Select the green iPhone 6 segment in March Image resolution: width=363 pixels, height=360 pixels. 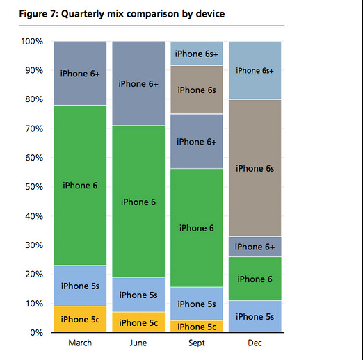[80, 186]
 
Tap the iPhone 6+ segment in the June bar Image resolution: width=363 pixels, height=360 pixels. [138, 83]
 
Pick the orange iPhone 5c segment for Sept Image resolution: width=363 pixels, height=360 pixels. [197, 327]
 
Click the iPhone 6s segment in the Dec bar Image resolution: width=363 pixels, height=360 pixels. [255, 168]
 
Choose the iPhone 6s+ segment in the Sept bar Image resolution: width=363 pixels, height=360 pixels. [197, 53]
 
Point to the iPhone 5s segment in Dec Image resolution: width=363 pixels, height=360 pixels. [255, 317]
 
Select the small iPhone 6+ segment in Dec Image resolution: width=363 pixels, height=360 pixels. [255, 247]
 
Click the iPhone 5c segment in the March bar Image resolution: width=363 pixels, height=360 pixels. [80, 320]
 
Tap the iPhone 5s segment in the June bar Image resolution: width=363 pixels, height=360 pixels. [138, 295]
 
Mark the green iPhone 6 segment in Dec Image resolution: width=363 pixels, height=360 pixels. [255, 279]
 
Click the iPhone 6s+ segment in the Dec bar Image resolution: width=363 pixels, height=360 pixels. [255, 70]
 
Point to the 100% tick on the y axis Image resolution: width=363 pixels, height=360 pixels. [32, 42]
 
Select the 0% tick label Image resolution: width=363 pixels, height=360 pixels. [37, 333]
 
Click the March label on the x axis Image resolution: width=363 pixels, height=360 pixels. [80, 343]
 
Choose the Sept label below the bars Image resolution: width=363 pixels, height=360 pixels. [197, 343]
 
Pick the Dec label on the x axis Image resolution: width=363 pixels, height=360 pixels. [255, 343]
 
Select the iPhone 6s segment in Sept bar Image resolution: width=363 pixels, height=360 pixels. [197, 90]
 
